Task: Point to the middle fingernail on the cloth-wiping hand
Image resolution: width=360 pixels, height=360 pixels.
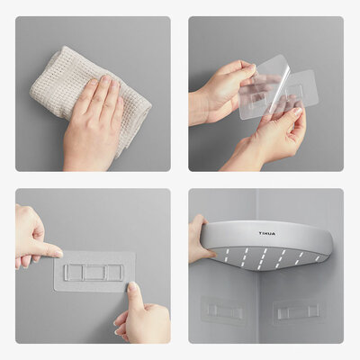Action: [101, 84]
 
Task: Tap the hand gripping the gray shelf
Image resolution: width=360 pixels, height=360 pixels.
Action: [199, 239]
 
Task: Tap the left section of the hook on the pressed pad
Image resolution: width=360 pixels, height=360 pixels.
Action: [74, 271]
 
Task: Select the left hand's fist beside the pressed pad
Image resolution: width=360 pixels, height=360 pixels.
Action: [30, 236]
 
